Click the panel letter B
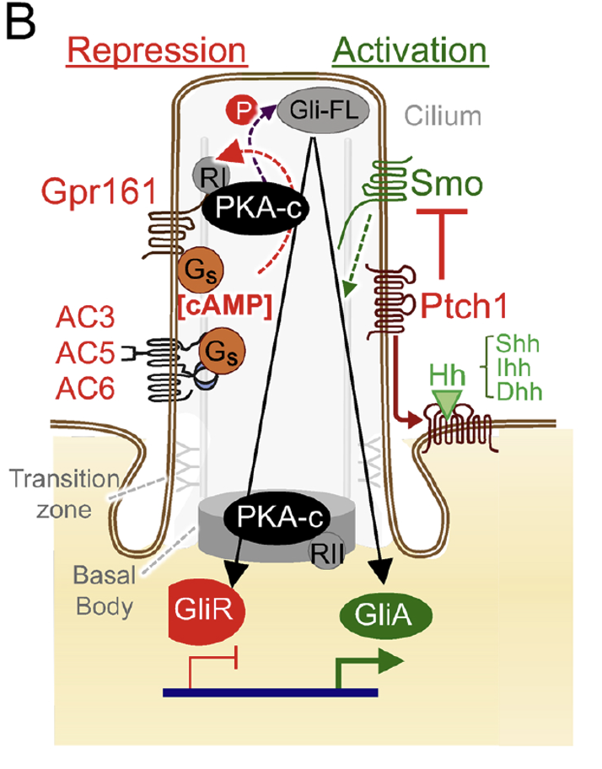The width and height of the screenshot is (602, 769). [x=23, y=24]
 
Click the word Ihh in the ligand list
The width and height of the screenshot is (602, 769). [x=517, y=369]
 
